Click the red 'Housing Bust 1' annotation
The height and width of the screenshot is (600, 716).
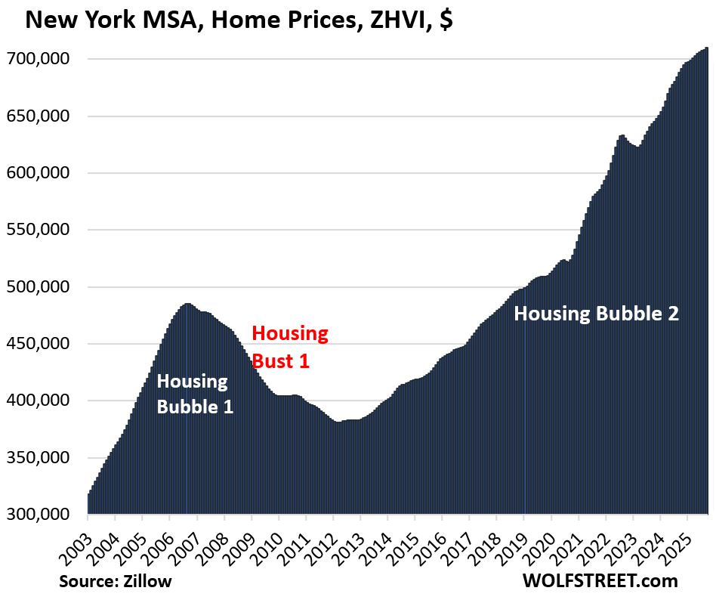pyautogui.click(x=290, y=346)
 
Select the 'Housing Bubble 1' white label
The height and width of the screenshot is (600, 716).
pyautogui.click(x=194, y=394)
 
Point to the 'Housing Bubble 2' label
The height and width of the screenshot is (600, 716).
pyautogui.click(x=596, y=313)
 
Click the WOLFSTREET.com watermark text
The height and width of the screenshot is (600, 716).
pyautogui.click(x=599, y=581)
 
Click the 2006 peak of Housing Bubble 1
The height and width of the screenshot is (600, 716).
pyautogui.click(x=187, y=304)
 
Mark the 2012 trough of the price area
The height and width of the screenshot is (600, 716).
pyautogui.click(x=338, y=422)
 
